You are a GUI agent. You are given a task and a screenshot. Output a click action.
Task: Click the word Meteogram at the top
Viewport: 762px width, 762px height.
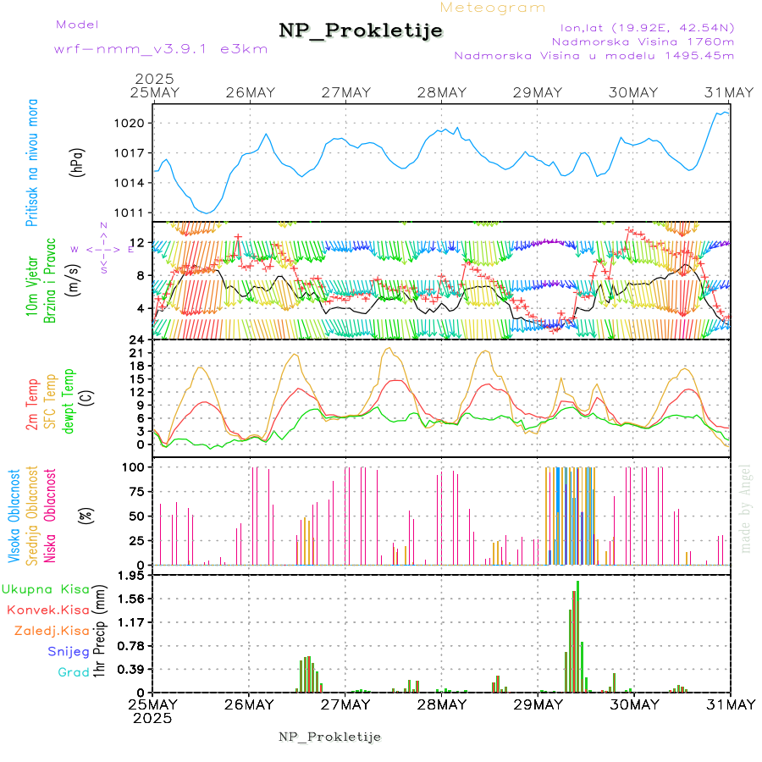click(x=493, y=8)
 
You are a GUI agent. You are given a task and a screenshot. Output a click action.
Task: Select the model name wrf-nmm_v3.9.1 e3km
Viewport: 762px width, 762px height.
click(x=161, y=49)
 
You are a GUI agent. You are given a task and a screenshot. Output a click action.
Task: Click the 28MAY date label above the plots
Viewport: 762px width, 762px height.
click(x=441, y=92)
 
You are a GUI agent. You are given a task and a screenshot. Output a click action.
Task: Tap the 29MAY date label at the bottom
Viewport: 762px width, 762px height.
click(x=537, y=704)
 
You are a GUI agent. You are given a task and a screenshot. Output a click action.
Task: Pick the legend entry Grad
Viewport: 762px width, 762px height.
click(x=73, y=672)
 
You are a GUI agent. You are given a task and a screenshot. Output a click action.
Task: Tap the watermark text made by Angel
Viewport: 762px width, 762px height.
click(x=745, y=508)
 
